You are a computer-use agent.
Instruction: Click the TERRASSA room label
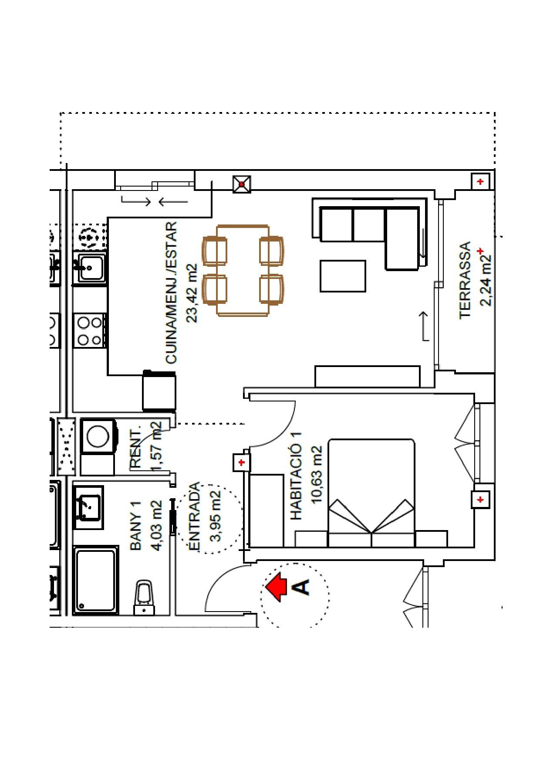(465, 280)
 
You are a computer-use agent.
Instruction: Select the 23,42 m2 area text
(192, 293)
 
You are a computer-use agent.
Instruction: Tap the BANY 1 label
(136, 526)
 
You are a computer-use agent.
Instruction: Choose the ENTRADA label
(194, 516)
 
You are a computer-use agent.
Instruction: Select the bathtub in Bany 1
(96, 580)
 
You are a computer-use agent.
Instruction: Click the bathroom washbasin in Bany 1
(89, 508)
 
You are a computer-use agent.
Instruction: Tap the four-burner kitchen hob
(90, 331)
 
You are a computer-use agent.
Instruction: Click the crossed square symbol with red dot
(242, 184)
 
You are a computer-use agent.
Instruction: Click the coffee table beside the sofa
(343, 276)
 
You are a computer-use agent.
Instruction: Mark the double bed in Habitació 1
(371, 493)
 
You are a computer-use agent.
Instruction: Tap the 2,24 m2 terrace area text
(486, 280)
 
